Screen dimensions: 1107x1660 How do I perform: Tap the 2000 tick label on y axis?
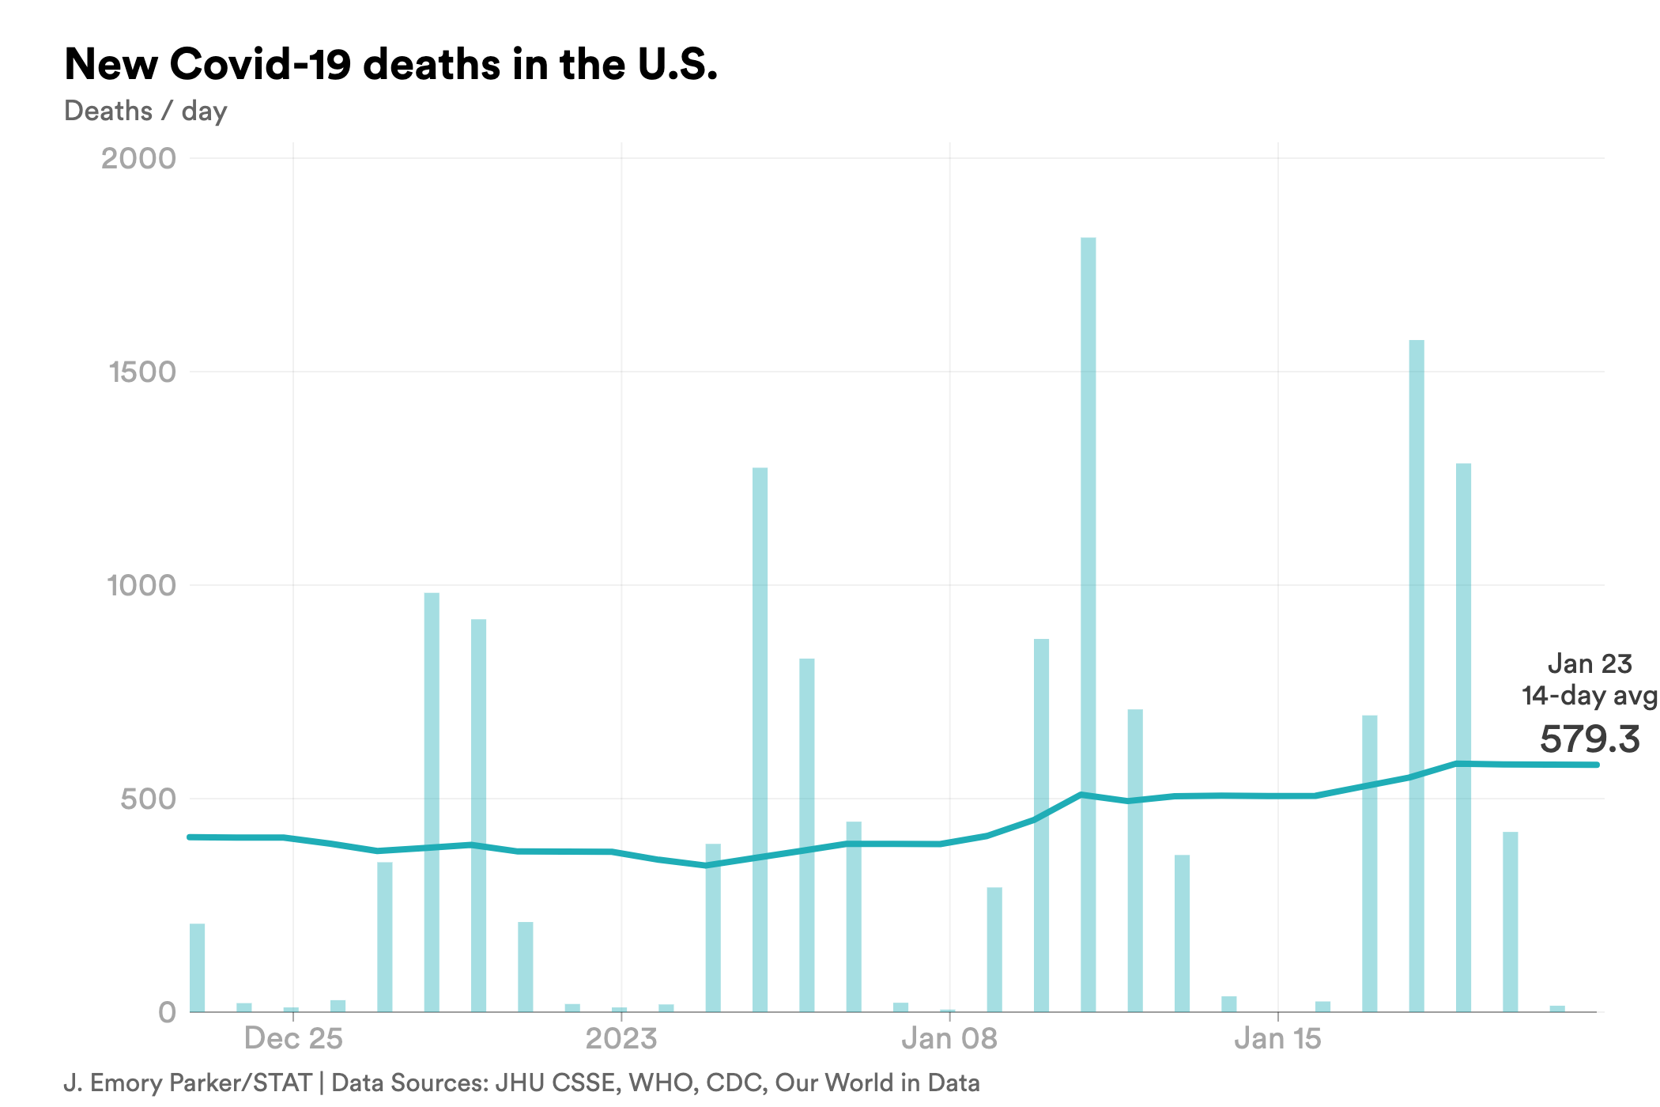[x=138, y=158]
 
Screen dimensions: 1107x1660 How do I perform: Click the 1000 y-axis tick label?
[x=141, y=585]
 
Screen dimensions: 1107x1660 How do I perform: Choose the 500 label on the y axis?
[x=148, y=799]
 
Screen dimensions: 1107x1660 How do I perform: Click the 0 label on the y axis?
[x=167, y=1012]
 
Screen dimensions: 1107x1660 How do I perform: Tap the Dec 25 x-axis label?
[x=293, y=1038]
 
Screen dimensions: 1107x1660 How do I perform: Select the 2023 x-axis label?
[x=621, y=1038]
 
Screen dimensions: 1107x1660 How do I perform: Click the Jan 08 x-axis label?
[x=949, y=1038]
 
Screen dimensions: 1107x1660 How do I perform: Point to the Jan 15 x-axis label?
[x=1277, y=1038]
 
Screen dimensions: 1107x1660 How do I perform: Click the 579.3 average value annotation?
[x=1589, y=739]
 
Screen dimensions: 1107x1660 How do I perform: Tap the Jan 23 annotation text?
[x=1589, y=664]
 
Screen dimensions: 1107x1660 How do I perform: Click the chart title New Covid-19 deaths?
[x=390, y=65]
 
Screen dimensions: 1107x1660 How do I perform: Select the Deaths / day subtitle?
[x=145, y=111]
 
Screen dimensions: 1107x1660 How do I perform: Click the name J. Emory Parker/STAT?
[x=188, y=1082]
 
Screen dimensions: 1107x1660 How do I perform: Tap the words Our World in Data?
[x=877, y=1082]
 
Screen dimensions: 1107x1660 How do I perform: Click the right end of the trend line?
[x=1595, y=765]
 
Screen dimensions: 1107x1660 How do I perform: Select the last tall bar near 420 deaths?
[x=1510, y=922]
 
